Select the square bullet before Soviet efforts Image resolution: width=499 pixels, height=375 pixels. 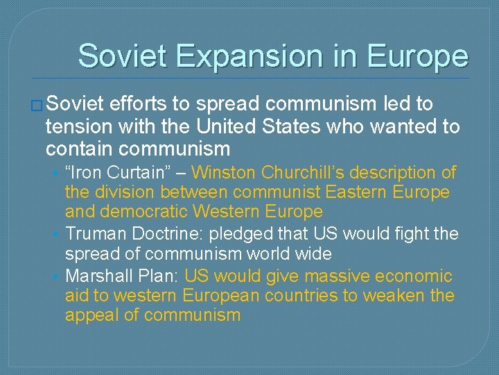coord(37,106)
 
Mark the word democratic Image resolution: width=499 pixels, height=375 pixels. coord(149,211)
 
